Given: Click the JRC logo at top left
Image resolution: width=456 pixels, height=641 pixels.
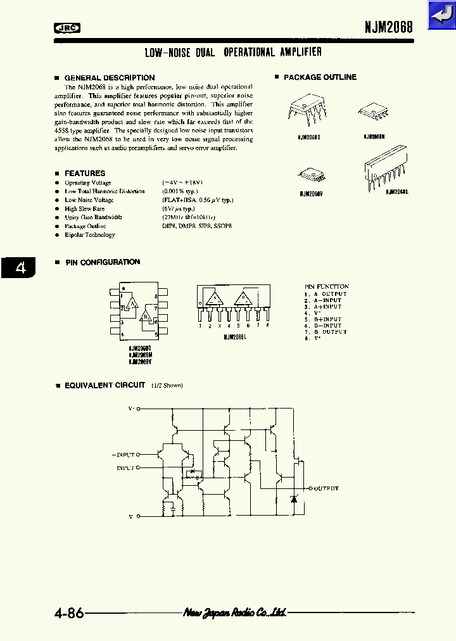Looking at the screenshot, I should (66, 27).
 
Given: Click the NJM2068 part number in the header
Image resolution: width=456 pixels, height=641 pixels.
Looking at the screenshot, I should (388, 27).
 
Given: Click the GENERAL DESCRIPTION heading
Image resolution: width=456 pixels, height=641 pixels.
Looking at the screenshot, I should (109, 78).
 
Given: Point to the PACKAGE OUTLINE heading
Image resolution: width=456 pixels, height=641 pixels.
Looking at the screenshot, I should (320, 77).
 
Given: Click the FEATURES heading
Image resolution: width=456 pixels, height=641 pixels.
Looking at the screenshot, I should (85, 173).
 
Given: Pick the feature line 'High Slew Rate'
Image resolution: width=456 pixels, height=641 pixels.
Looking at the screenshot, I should (84, 208).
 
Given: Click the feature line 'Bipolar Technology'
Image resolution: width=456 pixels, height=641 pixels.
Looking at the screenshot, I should (90, 235).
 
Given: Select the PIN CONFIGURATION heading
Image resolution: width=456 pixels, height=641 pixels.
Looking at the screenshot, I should (102, 262).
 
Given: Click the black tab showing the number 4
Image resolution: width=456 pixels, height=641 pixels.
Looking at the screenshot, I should (20, 268).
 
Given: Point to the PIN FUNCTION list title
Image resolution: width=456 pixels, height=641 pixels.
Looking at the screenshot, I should (326, 286).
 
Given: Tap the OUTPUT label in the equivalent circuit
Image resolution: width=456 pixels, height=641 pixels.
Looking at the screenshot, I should (327, 488).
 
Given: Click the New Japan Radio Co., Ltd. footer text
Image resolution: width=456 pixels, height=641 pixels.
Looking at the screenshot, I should (234, 612).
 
